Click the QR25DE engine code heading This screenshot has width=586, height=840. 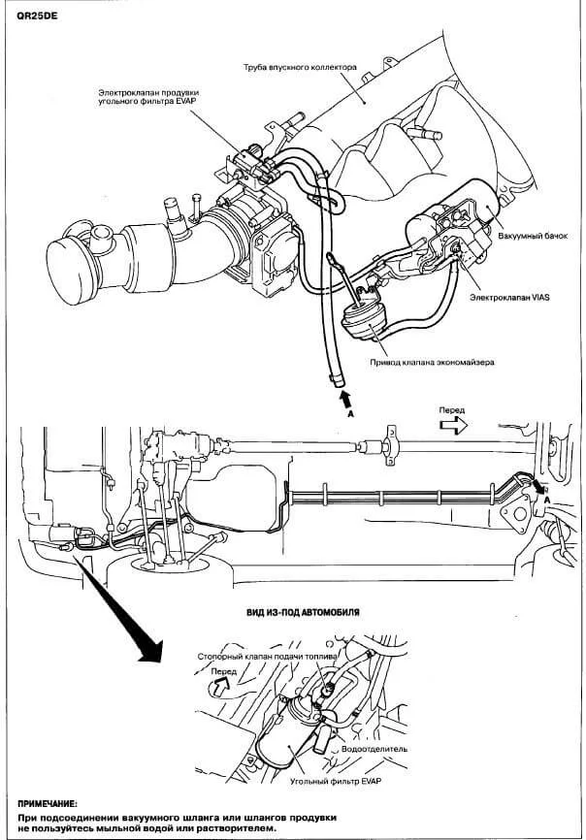[x=37, y=16]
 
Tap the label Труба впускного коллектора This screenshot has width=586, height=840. [x=300, y=68]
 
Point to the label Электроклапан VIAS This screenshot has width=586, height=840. [x=509, y=298]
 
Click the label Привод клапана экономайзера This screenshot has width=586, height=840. [x=432, y=362]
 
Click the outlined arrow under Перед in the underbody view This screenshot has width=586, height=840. [x=453, y=425]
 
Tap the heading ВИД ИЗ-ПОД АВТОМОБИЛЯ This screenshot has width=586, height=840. [x=303, y=612]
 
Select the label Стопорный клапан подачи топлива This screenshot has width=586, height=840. [x=267, y=657]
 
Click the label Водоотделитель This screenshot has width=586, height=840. [x=374, y=749]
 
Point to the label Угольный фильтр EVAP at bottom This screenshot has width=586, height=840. [x=336, y=781]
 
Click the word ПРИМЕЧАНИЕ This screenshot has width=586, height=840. [x=48, y=804]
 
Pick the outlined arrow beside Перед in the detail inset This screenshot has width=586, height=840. [x=220, y=686]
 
